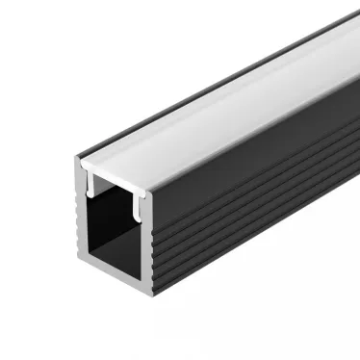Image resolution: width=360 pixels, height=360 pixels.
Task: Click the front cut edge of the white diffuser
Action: tap(119, 174)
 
